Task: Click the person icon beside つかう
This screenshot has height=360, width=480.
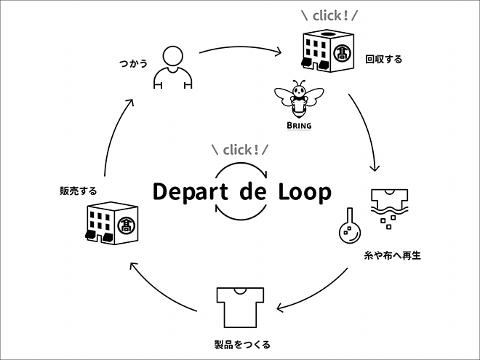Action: pyautogui.click(x=172, y=68)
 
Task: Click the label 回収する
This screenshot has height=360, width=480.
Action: pyautogui.click(x=383, y=59)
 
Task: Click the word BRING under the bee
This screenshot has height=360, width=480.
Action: pyautogui.click(x=299, y=126)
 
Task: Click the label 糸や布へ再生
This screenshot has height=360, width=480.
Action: pyautogui.click(x=391, y=256)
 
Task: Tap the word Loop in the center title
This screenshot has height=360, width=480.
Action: pyautogui.click(x=304, y=192)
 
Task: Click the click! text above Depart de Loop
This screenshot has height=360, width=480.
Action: pyautogui.click(x=240, y=151)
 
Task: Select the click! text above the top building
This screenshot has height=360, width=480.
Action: pyautogui.click(x=329, y=14)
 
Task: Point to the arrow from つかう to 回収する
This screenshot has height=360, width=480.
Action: pyautogui.click(x=240, y=51)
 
